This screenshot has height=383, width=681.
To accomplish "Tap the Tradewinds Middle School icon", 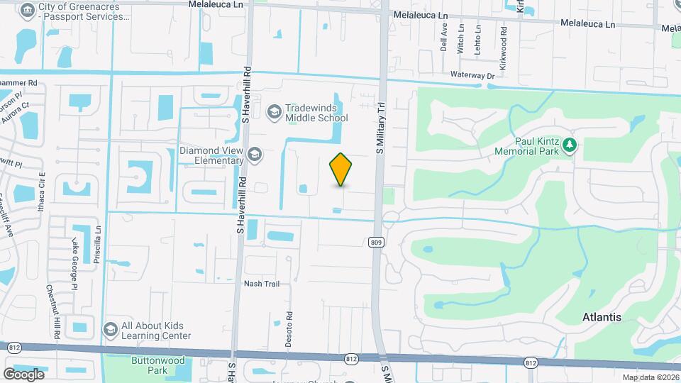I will (274, 112).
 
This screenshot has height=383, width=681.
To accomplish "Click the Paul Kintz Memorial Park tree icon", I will (569, 145).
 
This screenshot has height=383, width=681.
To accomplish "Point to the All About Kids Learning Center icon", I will (110, 330).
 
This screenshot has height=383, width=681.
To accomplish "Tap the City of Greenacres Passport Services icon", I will (28, 11).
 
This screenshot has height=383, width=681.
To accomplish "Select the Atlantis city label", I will (602, 317).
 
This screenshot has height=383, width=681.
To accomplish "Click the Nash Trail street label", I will (262, 284).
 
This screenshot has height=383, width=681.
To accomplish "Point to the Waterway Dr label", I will (472, 75).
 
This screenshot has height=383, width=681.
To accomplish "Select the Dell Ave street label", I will (444, 39).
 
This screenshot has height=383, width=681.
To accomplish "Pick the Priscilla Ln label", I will (99, 245).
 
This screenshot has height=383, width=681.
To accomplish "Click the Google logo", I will (23, 374).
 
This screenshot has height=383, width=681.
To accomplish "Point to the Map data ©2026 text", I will (650, 377).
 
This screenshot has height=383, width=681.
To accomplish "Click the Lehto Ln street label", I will (479, 39).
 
